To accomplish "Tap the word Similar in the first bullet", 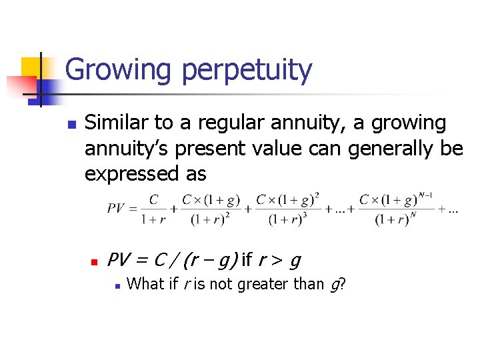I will coord(119,123).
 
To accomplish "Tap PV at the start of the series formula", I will coord(116,208).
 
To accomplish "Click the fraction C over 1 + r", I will coord(154,209).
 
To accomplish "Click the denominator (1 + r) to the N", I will coord(392,219).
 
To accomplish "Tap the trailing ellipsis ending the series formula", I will coord(452,209).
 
